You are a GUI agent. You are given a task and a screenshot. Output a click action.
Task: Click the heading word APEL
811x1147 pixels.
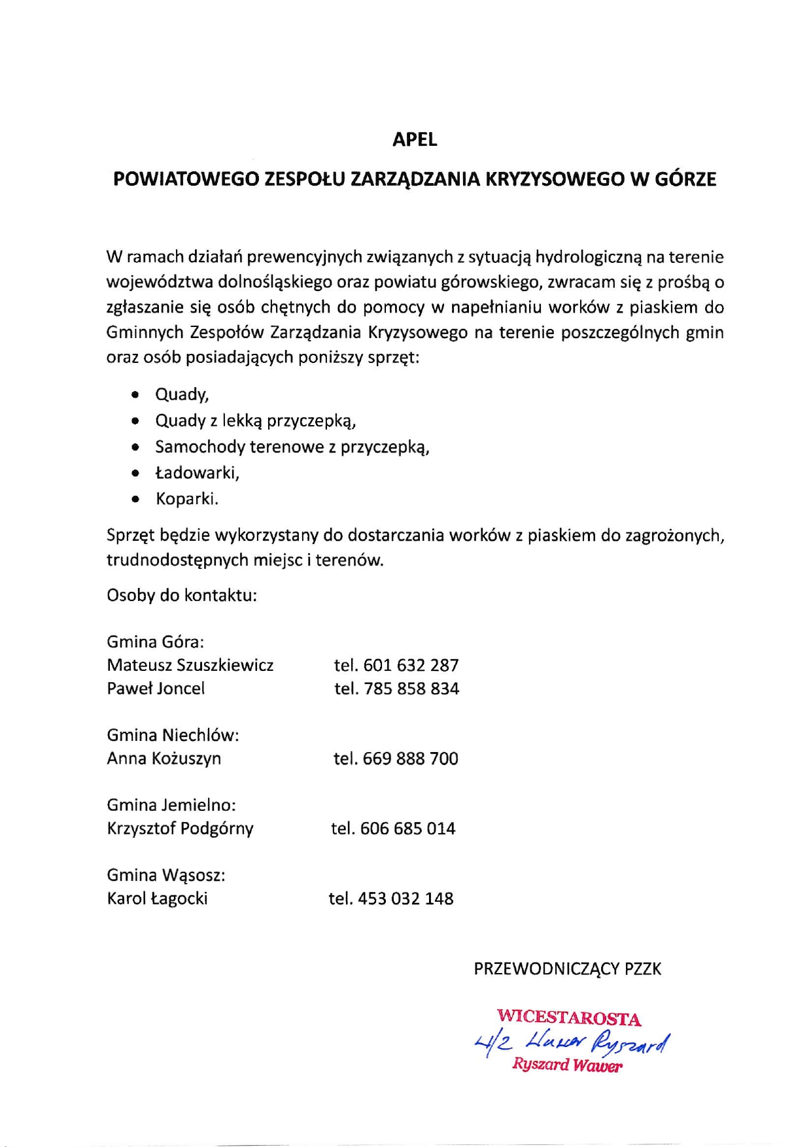coord(414,139)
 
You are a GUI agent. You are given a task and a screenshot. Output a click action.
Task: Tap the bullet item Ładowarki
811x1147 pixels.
coord(197,473)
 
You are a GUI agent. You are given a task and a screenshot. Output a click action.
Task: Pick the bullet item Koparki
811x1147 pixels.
coord(186,499)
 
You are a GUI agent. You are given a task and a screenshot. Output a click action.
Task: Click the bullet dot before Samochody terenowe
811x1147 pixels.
coord(135,448)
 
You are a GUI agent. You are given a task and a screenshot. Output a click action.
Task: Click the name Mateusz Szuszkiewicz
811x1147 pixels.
coord(190,666)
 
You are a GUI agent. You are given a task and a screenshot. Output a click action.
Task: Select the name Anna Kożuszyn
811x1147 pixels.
coord(164,759)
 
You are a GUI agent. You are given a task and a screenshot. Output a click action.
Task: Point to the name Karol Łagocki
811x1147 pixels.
coord(157,899)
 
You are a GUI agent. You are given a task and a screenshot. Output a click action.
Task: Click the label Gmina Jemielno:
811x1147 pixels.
coord(171,805)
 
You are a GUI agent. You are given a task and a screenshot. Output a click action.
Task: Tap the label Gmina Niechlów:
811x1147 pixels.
coord(173,735)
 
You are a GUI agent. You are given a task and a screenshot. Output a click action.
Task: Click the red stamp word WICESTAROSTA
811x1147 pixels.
coord(568,1018)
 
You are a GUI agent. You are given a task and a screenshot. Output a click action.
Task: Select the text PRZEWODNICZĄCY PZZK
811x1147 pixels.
coord(567,968)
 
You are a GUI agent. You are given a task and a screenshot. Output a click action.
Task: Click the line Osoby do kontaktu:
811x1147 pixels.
coord(182,596)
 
